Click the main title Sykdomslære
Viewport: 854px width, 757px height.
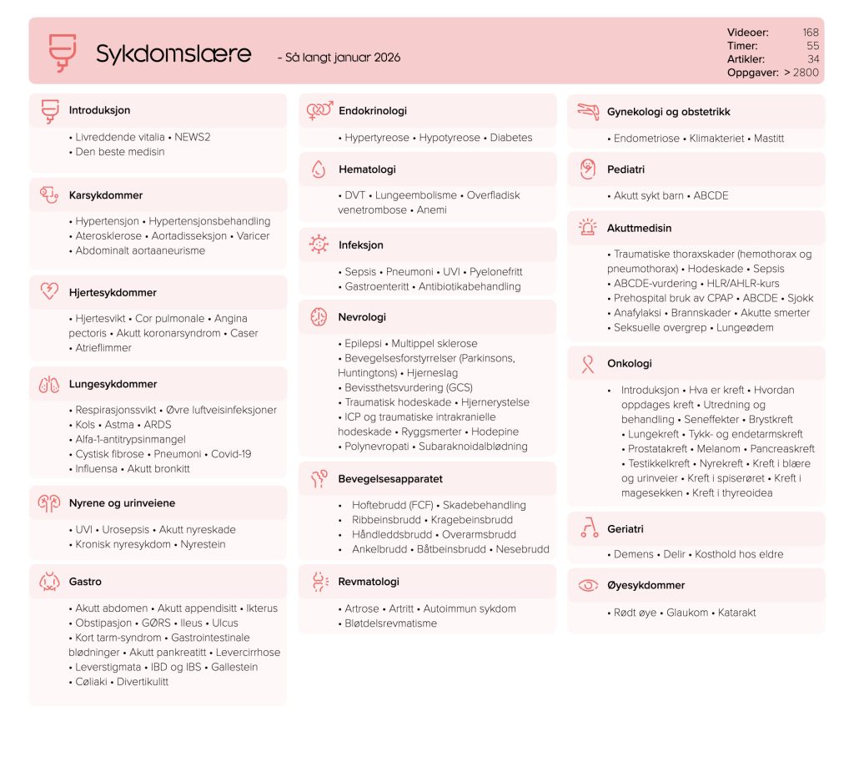(x=173, y=54)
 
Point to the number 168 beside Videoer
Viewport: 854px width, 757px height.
(x=810, y=33)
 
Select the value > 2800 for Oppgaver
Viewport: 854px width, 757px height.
(x=801, y=73)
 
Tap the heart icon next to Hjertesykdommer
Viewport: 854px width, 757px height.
(x=49, y=292)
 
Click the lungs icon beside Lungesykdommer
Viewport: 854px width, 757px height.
(x=49, y=385)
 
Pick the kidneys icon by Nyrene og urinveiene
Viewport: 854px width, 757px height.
(x=49, y=503)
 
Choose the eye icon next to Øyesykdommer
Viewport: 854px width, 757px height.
(x=588, y=585)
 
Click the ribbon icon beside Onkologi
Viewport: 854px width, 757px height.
(x=588, y=364)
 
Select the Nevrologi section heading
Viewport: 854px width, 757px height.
(x=362, y=317)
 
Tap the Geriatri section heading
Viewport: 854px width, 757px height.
(x=625, y=529)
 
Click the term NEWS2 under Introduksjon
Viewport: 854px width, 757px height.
(x=193, y=137)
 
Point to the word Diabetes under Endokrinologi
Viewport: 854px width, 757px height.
(x=510, y=138)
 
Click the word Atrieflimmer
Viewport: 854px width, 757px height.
(x=103, y=347)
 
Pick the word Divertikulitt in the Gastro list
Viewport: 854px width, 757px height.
(x=143, y=681)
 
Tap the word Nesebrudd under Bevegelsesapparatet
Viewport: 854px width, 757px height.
(x=522, y=549)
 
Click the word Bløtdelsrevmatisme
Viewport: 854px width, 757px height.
(x=390, y=623)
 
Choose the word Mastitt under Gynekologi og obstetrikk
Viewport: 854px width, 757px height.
(x=769, y=138)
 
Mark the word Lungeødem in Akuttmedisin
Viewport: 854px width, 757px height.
(x=745, y=327)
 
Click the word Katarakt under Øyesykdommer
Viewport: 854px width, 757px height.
(x=736, y=612)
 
